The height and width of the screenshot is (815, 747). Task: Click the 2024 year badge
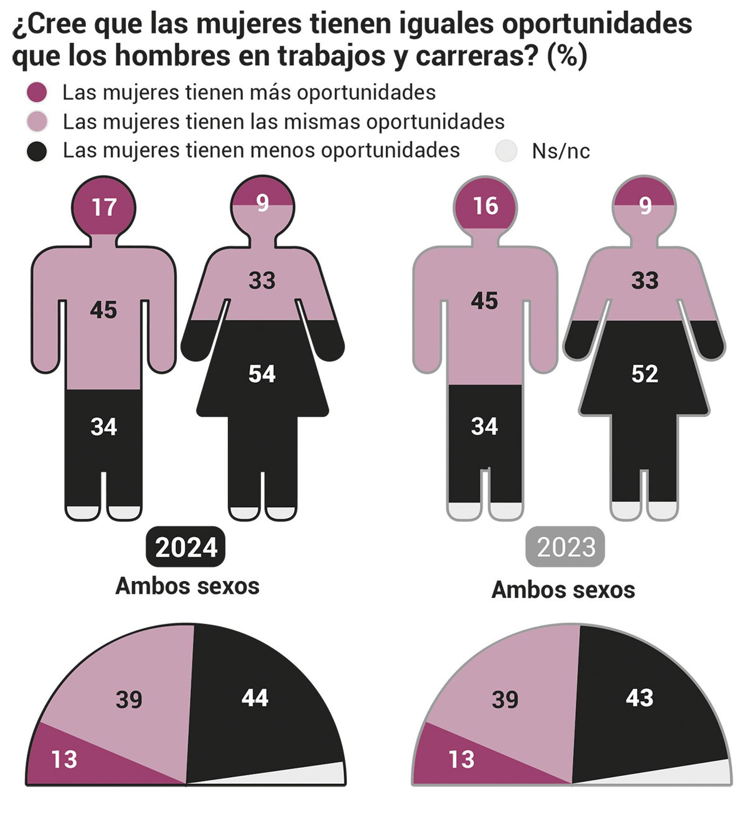[186, 547]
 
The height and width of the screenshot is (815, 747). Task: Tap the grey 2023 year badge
[565, 547]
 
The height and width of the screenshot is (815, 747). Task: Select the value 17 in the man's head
[104, 207]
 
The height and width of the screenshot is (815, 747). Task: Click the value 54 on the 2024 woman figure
[262, 374]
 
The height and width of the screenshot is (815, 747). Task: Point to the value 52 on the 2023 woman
[645, 374]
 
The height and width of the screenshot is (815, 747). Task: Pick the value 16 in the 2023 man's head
[486, 206]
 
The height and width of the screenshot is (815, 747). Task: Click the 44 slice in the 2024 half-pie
[255, 698]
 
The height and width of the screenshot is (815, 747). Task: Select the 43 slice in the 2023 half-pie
[639, 698]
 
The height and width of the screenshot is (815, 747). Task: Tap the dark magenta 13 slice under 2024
[64, 759]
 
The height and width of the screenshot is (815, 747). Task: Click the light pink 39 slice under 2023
[505, 700]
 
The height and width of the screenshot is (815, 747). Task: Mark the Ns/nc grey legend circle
[507, 151]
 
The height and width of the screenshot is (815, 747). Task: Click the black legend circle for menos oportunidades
[37, 151]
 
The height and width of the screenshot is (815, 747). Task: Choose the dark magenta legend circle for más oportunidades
[37, 92]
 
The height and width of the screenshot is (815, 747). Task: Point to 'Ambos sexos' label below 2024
[187, 586]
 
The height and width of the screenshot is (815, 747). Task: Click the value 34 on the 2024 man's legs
[104, 427]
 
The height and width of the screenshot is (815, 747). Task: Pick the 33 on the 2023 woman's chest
[645, 281]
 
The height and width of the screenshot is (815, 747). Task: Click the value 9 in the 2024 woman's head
[263, 203]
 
